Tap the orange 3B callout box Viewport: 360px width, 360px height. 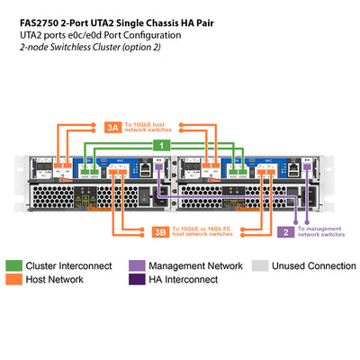click(x=157, y=230)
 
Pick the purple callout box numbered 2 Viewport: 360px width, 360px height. click(x=285, y=231)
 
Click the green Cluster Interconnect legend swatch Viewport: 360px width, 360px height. click(x=14, y=266)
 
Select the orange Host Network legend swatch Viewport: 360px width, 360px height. click(x=14, y=280)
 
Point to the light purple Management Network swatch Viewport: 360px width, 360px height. click(x=135, y=266)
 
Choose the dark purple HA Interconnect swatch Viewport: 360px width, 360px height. click(x=135, y=280)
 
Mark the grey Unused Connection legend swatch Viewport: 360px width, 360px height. click(x=259, y=266)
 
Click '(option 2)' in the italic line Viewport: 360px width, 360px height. click(x=139, y=46)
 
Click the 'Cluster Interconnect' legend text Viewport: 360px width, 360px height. click(x=67, y=266)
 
